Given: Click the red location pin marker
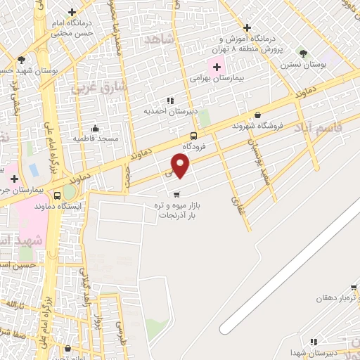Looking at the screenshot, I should pos(181,167).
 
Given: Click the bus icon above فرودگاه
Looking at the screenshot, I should pos(193,136).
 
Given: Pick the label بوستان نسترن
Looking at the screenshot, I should pos(303,65).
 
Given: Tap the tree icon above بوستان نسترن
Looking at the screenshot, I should pos(303,53).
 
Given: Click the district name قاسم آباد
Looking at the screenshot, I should pos(340,123).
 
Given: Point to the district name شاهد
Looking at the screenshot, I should pos(157,39).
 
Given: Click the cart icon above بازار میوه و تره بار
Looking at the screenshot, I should pos(176,193).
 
